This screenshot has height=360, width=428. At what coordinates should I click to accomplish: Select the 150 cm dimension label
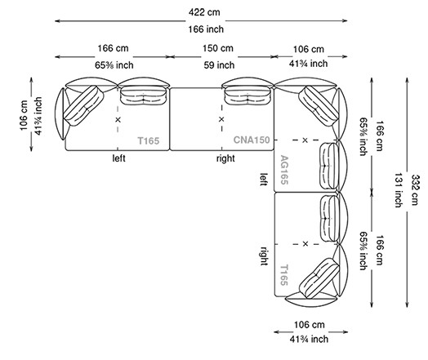pyautogui.click(x=219, y=49)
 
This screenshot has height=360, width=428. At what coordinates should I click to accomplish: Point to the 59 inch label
pyautogui.click(x=219, y=64)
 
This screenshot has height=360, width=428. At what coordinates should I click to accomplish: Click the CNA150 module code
pyautogui.click(x=252, y=140)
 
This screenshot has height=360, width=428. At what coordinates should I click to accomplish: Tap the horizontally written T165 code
pyautogui.click(x=149, y=140)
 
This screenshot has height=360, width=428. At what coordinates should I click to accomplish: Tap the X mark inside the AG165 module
pyautogui.click(x=305, y=140)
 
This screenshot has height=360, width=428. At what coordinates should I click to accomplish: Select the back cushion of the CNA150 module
pyautogui.click(x=247, y=94)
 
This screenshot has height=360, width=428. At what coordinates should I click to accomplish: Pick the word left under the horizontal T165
pyautogui.click(x=120, y=158)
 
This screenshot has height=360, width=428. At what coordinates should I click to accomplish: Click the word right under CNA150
pyautogui.click(x=225, y=158)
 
